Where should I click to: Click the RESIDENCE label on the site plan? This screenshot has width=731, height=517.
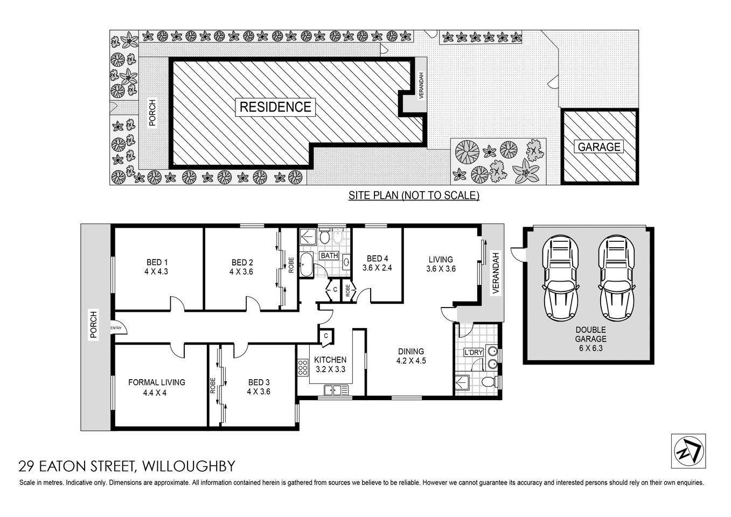coord(275,107)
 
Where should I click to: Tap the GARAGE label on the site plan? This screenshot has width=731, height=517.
coord(599,146)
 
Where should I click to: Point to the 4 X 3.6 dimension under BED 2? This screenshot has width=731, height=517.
coord(241,272)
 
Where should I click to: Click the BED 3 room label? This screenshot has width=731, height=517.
coord(257,382)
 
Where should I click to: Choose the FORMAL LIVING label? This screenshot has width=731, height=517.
coord(156,382)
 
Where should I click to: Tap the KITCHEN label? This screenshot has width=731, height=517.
coord(330,360)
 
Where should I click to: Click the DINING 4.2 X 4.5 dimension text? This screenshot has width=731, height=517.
coord(410,361)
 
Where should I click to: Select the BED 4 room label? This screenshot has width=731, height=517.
coord(377,258)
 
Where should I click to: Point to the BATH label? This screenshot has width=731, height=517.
coord(329,255)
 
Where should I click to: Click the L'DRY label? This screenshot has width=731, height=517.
coord(473,353)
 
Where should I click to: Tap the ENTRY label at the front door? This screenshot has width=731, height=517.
coord(116,327)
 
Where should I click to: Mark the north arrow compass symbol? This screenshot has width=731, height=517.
coord(688,451)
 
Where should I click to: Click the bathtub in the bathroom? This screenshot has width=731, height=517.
coord(306,263)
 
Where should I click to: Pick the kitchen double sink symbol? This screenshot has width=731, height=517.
coord(332,390)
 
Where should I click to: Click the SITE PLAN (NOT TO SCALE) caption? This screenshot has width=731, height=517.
coord(413,195)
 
